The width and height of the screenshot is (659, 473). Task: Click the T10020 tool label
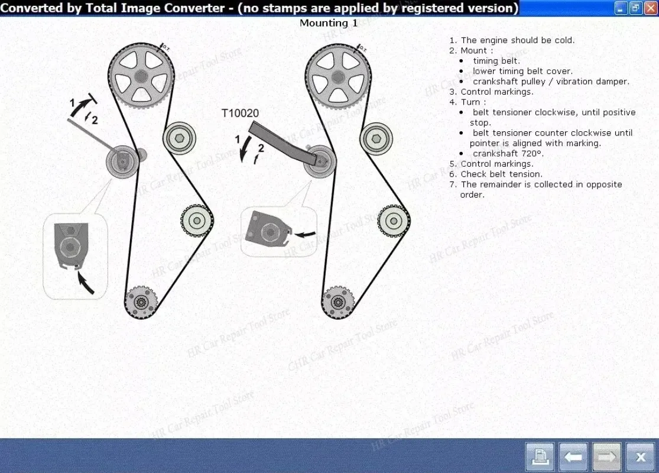(x=240, y=113)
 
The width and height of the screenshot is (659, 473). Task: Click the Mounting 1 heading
(x=329, y=23)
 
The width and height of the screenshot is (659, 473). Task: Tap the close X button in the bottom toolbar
(x=641, y=456)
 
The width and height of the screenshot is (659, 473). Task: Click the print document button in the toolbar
(x=540, y=456)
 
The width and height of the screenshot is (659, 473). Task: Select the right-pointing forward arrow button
(x=606, y=456)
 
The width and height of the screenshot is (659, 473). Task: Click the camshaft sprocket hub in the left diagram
(x=141, y=76)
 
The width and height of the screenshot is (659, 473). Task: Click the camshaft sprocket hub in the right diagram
(x=338, y=77)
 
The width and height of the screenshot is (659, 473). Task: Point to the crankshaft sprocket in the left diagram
(x=141, y=302)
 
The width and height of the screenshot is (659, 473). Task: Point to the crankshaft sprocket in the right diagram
(x=337, y=302)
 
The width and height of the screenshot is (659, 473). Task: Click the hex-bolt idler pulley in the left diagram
(x=180, y=138)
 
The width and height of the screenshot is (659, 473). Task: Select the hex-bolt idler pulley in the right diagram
(x=376, y=139)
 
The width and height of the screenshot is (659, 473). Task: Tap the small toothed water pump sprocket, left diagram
(x=197, y=221)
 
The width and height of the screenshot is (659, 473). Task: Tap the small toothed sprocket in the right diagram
(x=394, y=221)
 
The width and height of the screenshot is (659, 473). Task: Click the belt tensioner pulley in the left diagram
(x=122, y=161)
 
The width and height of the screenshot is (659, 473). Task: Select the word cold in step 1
(x=564, y=40)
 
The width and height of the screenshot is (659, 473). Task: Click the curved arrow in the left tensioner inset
(x=86, y=282)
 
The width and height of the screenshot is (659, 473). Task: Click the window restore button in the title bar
(x=635, y=8)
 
